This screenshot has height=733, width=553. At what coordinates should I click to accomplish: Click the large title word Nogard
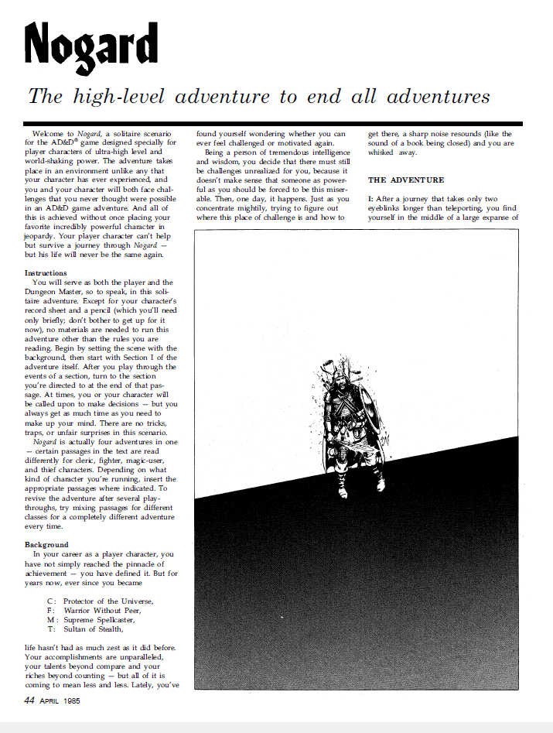(x=90, y=44)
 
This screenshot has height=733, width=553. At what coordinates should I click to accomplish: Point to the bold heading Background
(x=46, y=545)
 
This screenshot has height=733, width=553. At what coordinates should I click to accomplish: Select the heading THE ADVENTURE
(x=406, y=180)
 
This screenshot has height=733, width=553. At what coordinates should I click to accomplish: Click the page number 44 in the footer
(x=29, y=701)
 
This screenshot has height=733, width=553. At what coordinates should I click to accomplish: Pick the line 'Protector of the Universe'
(x=108, y=601)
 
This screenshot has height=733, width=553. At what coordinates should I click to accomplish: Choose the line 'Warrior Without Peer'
(x=104, y=610)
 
